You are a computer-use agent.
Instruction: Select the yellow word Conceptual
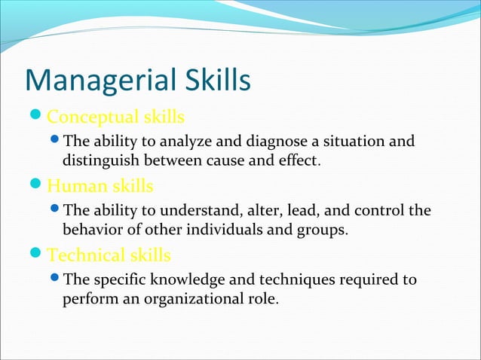point(93,117)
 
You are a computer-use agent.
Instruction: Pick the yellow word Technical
point(84,255)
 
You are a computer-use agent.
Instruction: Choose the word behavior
point(93,229)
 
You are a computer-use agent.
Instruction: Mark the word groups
point(325,229)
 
